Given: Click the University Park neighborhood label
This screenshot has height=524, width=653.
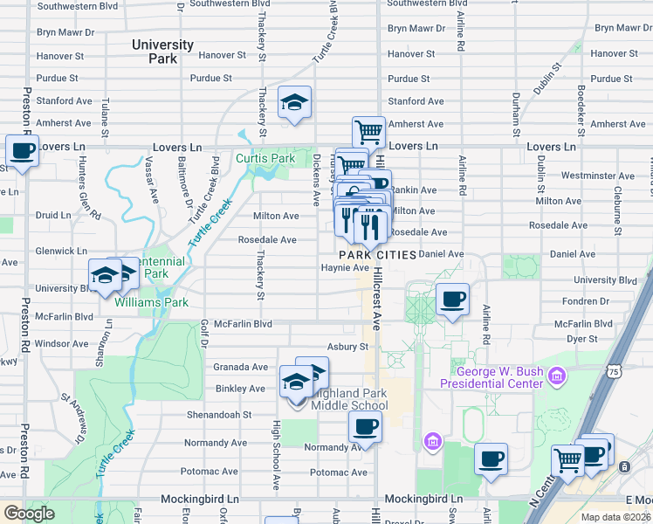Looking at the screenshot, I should tap(162, 52).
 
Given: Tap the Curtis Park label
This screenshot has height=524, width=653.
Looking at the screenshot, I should tap(265, 158).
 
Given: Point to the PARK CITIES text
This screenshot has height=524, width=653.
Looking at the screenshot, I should tap(376, 254).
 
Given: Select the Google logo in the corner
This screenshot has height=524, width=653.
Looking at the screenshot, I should tap(29, 514).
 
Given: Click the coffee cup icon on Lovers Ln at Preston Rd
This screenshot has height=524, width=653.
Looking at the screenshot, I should tap(22, 150).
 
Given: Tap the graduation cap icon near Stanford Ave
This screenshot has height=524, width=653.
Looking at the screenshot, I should tap(295, 102).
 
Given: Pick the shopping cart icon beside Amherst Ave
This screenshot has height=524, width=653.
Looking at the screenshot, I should tap(368, 133).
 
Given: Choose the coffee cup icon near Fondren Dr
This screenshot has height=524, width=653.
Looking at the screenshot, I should tap(451, 300).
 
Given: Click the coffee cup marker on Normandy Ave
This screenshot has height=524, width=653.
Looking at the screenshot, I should tap(365, 427).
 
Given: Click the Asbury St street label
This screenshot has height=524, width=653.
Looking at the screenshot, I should tap(343, 346).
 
